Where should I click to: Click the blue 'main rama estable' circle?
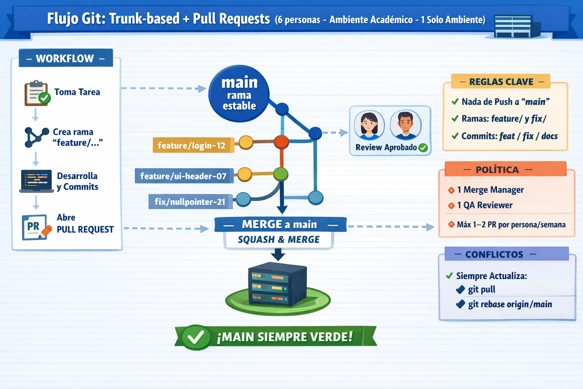click(x=239, y=93)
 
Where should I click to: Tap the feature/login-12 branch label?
click(x=193, y=145)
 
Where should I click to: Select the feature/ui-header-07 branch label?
click(x=184, y=176)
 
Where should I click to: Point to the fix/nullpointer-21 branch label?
click(x=190, y=201)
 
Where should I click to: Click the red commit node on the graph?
click(x=281, y=142)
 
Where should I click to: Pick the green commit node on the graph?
click(x=280, y=174)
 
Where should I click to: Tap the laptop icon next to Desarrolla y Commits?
click(x=36, y=181)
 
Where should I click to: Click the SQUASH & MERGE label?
click(x=279, y=239)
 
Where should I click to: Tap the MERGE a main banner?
click(x=280, y=224)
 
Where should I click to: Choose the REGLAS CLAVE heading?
click(x=501, y=82)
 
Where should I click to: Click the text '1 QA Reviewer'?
click(x=485, y=205)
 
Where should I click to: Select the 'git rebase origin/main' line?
click(x=510, y=304)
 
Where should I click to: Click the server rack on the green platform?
click(x=277, y=284)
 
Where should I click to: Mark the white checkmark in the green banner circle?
click(x=196, y=337)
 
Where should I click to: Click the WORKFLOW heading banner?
click(x=66, y=58)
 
